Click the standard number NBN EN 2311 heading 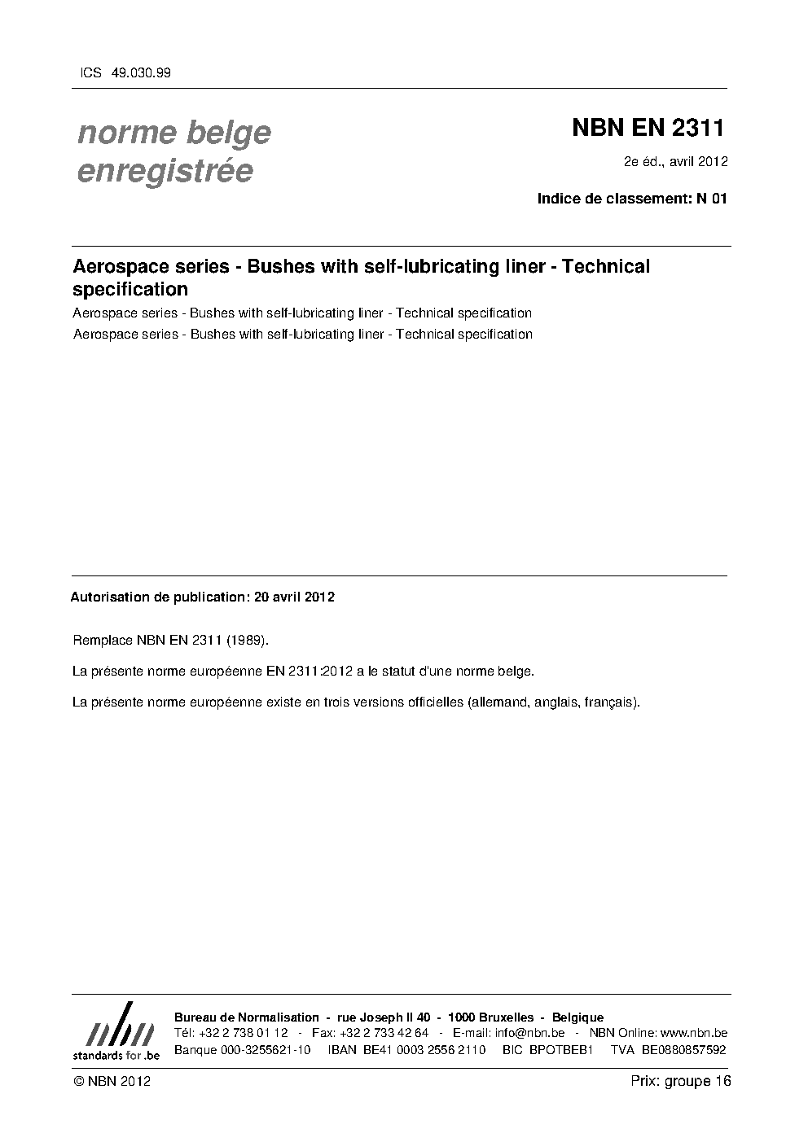pyautogui.click(x=648, y=129)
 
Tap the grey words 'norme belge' pyautogui.click(x=173, y=133)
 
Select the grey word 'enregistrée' pyautogui.click(x=165, y=172)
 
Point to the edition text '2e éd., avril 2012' pyautogui.click(x=675, y=161)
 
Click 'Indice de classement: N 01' pyautogui.click(x=631, y=199)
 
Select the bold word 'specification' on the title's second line pyautogui.click(x=130, y=290)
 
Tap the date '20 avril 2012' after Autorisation pyautogui.click(x=294, y=597)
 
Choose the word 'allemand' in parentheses pyautogui.click(x=498, y=702)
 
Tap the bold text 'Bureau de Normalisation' pyautogui.click(x=247, y=1017)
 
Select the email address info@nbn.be pyautogui.click(x=529, y=1033)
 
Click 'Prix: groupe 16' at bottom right pyautogui.click(x=680, y=1081)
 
